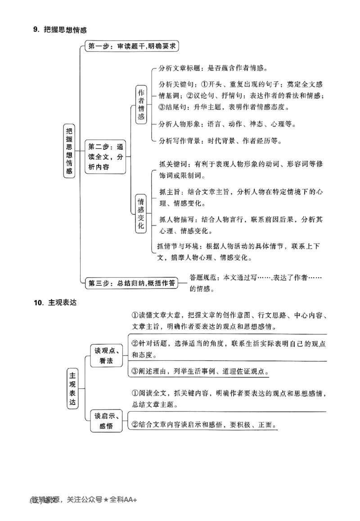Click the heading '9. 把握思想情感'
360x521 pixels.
(x=59, y=30)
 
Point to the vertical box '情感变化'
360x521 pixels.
(x=141, y=213)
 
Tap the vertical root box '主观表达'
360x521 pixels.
(x=72, y=388)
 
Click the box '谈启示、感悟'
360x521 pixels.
(x=106, y=421)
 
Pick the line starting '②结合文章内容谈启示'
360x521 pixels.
(x=203, y=425)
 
